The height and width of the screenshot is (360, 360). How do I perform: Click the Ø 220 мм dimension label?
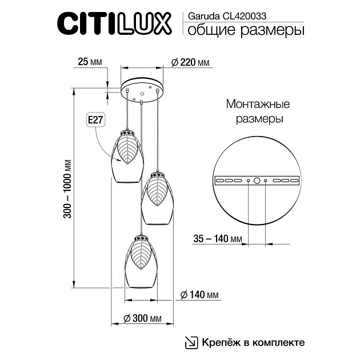[x=190, y=63]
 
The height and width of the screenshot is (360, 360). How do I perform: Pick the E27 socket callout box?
[x=95, y=120]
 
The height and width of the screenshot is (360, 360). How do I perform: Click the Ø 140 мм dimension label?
[x=200, y=295]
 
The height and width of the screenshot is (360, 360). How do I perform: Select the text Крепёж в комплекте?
[x=252, y=342]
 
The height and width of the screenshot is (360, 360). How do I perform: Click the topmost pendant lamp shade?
[x=126, y=157]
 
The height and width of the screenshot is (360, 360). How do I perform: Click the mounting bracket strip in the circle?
[x=257, y=181]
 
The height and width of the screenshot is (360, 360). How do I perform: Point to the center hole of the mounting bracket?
[x=257, y=181]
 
